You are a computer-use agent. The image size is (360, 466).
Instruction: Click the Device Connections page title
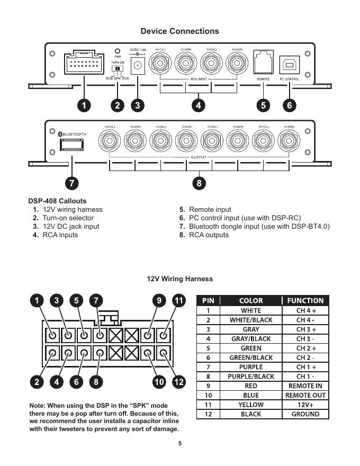179,31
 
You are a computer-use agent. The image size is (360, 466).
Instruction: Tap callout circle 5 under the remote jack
263,105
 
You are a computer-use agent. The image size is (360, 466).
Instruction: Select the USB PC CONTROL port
289,62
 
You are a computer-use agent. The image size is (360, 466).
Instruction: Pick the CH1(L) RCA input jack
160,64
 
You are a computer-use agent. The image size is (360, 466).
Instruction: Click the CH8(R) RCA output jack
289,141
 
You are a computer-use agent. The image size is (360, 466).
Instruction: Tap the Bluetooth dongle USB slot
70,146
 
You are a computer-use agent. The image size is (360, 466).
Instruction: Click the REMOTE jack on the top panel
263,62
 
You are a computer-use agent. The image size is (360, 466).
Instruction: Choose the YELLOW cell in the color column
251,405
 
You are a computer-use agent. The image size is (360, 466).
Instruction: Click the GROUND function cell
305,414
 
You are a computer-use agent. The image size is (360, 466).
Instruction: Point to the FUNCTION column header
305,300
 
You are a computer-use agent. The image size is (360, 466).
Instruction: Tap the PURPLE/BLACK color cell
251,377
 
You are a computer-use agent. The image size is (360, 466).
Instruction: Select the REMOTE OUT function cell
305,395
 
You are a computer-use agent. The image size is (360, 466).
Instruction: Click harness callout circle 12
178,381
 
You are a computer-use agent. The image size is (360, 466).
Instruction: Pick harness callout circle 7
96,301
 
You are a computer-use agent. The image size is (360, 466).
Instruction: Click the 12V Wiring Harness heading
179,279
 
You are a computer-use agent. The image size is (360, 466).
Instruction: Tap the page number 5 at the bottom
179,444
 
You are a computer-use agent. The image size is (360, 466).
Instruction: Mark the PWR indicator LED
118,51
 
